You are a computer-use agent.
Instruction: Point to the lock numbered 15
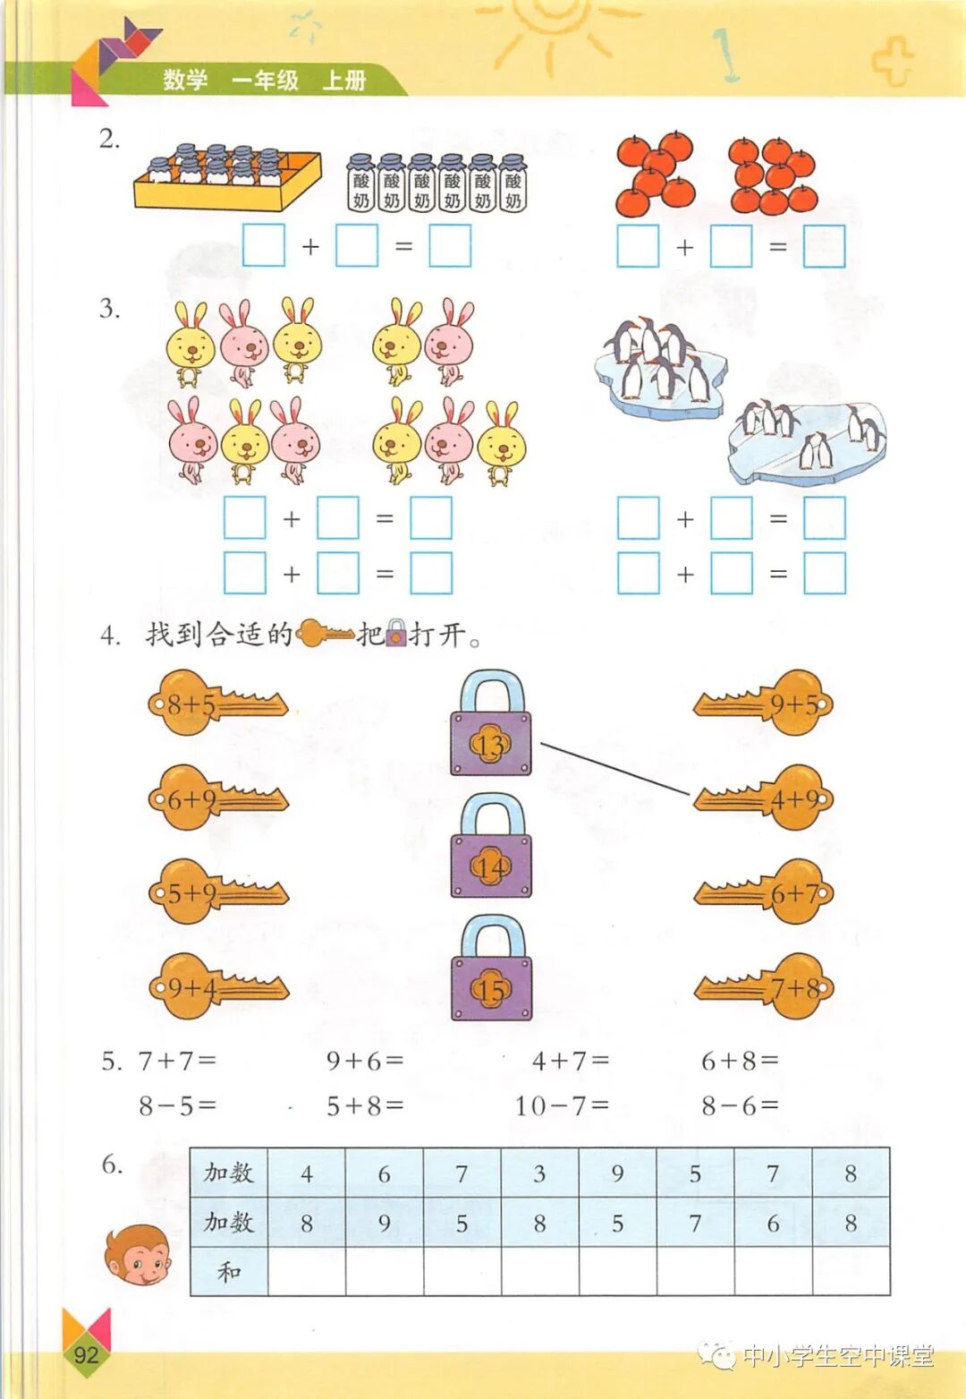491,972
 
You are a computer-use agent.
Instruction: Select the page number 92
86,1353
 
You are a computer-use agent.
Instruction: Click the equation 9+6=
365,1062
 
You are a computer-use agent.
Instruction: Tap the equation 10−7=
562,1106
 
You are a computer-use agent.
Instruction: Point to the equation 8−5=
177,1106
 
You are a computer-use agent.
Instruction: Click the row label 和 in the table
229,1271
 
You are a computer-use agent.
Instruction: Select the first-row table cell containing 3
539,1173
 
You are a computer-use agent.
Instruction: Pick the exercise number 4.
109,636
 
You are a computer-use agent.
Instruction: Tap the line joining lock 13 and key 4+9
615,768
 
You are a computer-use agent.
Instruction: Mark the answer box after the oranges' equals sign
824,246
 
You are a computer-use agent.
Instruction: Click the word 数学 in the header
185,81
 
